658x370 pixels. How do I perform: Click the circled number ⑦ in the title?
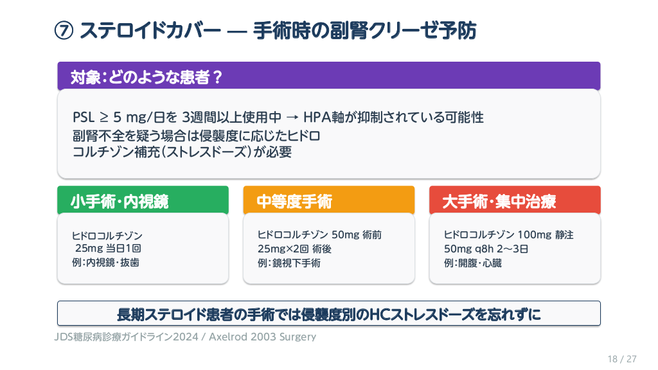(x=64, y=31)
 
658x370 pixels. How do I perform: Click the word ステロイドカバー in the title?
(x=150, y=31)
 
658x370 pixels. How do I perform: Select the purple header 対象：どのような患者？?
(x=328, y=76)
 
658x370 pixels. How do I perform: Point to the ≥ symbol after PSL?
(x=103, y=118)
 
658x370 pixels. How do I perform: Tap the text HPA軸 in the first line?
(x=324, y=117)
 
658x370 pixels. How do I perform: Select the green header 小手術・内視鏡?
(x=143, y=200)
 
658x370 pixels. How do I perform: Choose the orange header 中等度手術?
(x=328, y=200)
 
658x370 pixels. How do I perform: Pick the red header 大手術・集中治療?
(x=515, y=200)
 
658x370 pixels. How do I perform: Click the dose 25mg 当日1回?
(x=108, y=249)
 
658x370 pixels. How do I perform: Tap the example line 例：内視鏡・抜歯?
(x=105, y=263)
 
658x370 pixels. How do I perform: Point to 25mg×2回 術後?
(x=294, y=249)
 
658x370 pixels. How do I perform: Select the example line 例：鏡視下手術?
(x=289, y=263)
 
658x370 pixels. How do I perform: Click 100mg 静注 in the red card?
(x=545, y=234)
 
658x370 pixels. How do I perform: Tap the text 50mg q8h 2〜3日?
(x=486, y=249)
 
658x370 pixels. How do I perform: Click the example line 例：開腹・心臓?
(x=472, y=263)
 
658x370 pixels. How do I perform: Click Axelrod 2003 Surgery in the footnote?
(x=262, y=337)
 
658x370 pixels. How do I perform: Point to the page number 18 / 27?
(x=622, y=359)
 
